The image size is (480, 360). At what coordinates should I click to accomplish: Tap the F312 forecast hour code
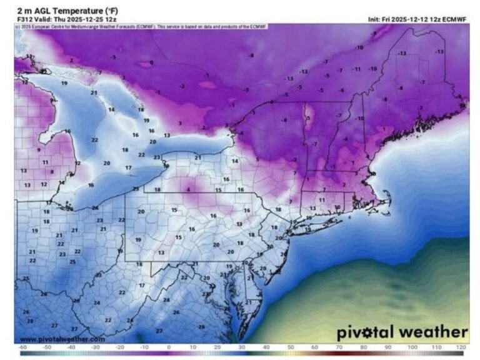(x=22, y=19)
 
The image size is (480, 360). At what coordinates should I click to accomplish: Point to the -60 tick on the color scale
(x=22, y=347)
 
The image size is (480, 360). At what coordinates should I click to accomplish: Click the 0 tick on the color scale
(x=169, y=347)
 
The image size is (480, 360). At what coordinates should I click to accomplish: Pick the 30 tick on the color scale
(x=241, y=347)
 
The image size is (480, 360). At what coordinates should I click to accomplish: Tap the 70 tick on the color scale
(x=339, y=347)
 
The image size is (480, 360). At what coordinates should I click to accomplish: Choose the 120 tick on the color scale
(x=461, y=347)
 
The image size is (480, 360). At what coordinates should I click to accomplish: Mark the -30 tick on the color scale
(x=96, y=347)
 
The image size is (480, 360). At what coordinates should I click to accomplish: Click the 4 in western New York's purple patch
(x=188, y=188)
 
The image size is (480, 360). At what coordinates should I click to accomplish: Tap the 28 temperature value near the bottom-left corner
(x=29, y=321)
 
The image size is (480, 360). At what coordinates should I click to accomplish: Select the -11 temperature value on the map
(x=357, y=69)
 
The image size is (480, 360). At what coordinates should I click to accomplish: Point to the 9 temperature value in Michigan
(x=38, y=150)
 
